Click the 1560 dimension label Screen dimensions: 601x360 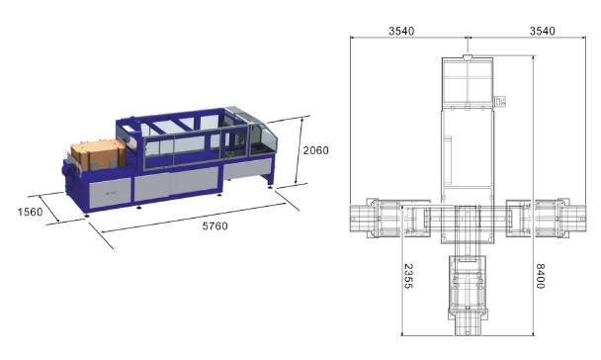(30, 212)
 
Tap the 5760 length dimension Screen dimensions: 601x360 (215, 226)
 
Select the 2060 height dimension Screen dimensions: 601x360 (316, 150)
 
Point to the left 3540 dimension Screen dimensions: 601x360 (401, 31)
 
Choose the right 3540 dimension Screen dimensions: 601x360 (543, 31)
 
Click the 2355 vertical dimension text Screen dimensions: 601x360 (408, 276)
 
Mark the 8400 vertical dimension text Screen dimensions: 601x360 (540, 276)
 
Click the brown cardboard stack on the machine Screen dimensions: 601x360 (99, 155)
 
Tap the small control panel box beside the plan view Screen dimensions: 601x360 (500, 102)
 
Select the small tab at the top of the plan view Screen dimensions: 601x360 (468, 57)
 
